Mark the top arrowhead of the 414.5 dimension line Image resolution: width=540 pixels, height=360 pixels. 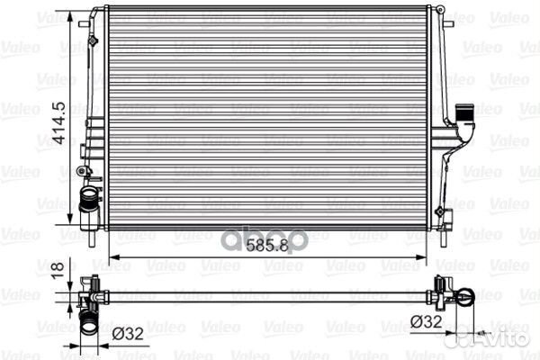71,13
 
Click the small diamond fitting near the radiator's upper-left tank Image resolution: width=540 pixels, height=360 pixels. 94,40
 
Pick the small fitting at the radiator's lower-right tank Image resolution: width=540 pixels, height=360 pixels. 440,211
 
